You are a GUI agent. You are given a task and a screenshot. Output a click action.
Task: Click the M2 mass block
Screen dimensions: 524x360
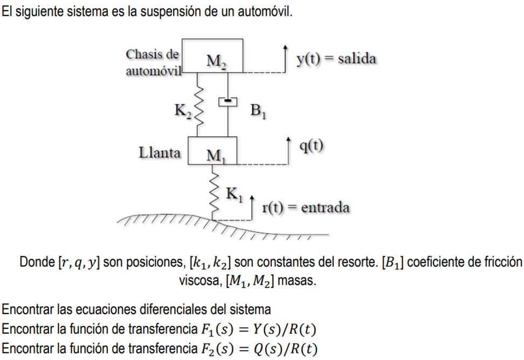212,55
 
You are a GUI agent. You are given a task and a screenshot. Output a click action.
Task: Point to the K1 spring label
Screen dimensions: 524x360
233,193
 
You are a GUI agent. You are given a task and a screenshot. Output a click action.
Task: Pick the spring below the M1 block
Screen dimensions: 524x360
215,192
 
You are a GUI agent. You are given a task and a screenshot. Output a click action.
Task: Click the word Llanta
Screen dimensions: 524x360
160,153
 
